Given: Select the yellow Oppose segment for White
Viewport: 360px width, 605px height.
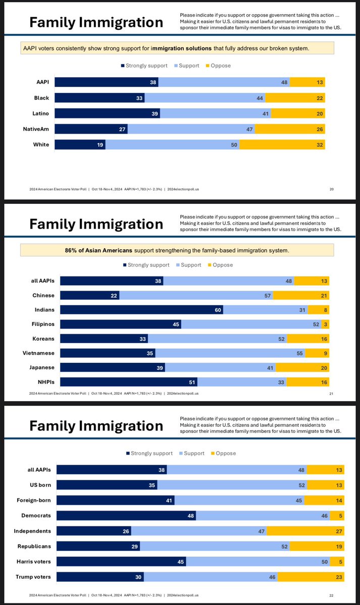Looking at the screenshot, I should click(x=282, y=145).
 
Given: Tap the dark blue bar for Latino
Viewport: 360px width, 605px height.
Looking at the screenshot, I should click(x=107, y=114).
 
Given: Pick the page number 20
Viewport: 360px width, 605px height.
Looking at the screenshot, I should click(x=331, y=189).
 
